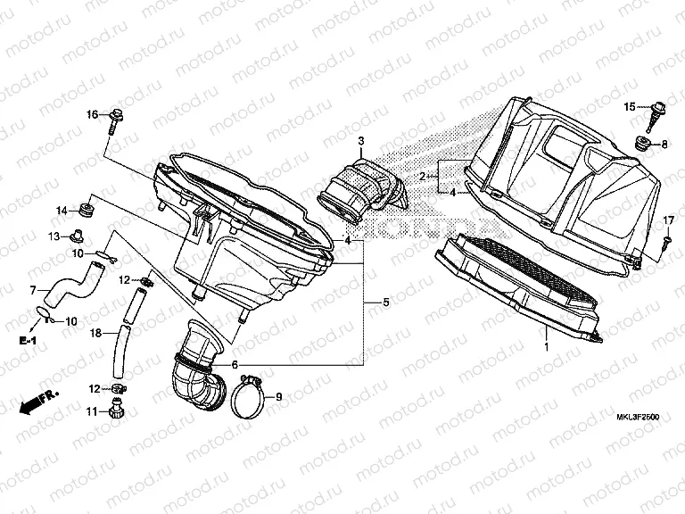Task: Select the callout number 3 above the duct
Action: [x=361, y=142]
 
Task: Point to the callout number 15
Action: [x=628, y=107]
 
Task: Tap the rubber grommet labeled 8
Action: [x=641, y=143]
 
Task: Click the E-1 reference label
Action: [x=30, y=341]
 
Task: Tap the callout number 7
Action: [x=33, y=290]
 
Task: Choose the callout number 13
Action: [x=54, y=236]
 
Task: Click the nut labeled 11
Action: [x=114, y=411]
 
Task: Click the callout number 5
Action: [x=385, y=303]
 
